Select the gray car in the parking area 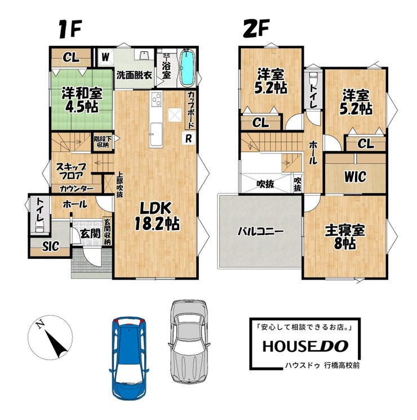(x=189, y=341)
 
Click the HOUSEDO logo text (x=305, y=346)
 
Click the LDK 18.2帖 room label (x=157, y=216)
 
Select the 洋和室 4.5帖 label (x=82, y=100)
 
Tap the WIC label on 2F (x=355, y=177)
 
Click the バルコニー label (x=260, y=231)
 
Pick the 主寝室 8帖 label (x=345, y=237)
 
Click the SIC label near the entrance (x=51, y=246)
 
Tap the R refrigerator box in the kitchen (x=189, y=139)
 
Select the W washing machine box (x=105, y=57)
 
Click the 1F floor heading (x=70, y=29)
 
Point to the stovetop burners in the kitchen (x=156, y=99)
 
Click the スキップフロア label (x=71, y=171)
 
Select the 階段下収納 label (x=103, y=142)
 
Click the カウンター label (x=77, y=189)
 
